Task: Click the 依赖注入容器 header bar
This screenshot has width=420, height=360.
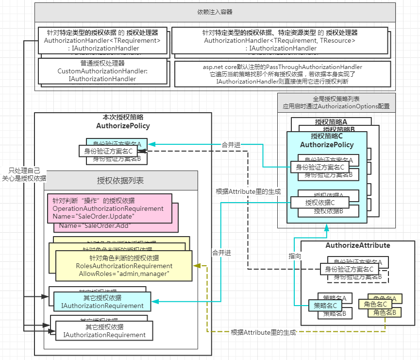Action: click(215, 12)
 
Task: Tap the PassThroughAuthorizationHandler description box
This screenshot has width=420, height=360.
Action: click(282, 74)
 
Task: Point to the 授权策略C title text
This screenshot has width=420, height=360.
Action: click(326, 140)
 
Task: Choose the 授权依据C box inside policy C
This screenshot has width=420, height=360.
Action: click(319, 203)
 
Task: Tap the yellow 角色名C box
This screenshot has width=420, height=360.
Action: click(374, 304)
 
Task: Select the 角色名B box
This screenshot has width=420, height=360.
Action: click(387, 313)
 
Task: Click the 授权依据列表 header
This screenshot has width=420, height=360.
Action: click(120, 181)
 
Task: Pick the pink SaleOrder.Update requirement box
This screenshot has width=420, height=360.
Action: click(110, 208)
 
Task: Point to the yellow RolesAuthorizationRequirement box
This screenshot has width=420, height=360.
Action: click(124, 266)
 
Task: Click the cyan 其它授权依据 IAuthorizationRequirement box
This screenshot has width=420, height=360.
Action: click(102, 302)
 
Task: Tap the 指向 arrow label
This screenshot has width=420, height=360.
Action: click(295, 255)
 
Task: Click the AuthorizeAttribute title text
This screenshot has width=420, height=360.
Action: click(357, 245)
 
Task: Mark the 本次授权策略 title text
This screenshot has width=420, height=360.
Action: click(123, 121)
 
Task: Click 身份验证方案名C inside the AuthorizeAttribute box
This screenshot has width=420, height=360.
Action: click(349, 269)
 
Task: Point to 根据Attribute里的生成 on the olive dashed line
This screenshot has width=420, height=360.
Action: click(263, 332)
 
